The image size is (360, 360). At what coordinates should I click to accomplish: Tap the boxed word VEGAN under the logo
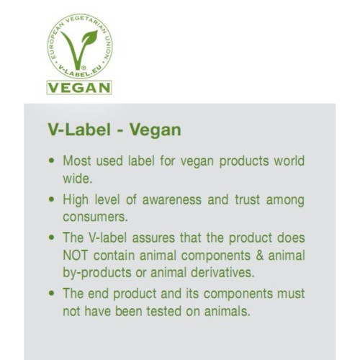pos(79,88)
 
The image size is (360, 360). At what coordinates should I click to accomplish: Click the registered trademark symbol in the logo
pos(84,68)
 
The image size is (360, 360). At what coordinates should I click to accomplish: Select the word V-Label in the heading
pos(79,130)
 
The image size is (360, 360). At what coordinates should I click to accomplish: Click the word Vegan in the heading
pos(156,130)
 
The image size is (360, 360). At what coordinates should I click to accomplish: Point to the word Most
pos(77,161)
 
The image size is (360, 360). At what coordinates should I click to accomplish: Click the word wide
pos(77,179)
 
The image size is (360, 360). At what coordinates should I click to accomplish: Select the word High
pos(76,200)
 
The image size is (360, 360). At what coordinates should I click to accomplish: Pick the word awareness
pos(172,200)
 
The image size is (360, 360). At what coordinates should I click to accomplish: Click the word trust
pos(248,199)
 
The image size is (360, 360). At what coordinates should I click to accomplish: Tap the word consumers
pos(95,217)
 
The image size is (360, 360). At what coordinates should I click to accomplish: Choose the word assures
pos(153,238)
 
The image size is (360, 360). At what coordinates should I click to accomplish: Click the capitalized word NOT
pos(75,256)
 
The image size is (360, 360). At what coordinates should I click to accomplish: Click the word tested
pos(164,312)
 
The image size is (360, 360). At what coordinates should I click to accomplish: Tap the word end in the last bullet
pos(98,294)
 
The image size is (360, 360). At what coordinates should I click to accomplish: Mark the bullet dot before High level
pos(51,199)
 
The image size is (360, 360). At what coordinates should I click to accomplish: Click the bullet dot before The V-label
pos(51,238)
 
